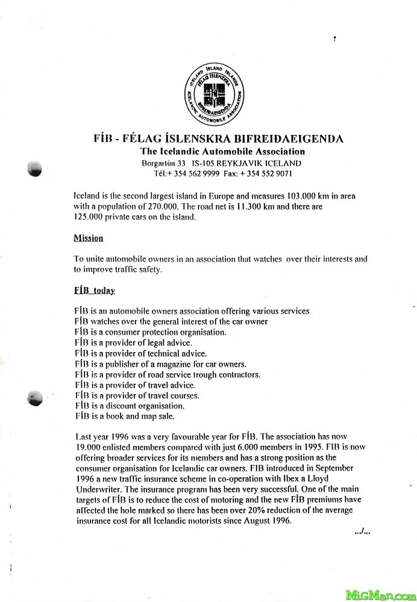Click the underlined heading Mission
coord(88,238)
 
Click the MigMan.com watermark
coord(380,594)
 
